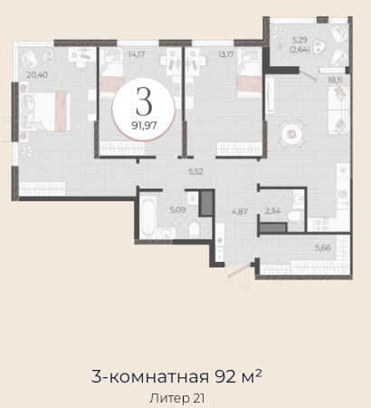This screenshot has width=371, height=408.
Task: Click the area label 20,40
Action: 37,74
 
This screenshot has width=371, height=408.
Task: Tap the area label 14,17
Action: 137,54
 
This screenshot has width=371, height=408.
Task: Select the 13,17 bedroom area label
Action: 225,54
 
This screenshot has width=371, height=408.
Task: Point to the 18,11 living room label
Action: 335,81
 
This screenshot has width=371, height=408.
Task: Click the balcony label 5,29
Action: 300,40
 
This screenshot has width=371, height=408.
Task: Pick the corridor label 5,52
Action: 196,171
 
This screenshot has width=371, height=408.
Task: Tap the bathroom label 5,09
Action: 177,209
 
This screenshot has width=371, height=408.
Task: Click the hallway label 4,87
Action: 240,211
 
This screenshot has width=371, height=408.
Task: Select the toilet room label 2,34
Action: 272,211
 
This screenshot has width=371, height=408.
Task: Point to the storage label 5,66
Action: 323,248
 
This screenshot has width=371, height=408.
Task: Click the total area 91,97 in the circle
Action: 144,125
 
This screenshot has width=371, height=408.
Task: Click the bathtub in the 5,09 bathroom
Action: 147,217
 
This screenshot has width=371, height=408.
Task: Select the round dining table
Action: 291,133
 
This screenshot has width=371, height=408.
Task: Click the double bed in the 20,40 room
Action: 45,112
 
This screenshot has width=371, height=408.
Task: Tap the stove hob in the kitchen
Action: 321,225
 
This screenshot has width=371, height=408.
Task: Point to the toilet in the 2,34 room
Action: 295,217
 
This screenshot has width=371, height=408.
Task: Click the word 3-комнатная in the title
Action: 150,376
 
